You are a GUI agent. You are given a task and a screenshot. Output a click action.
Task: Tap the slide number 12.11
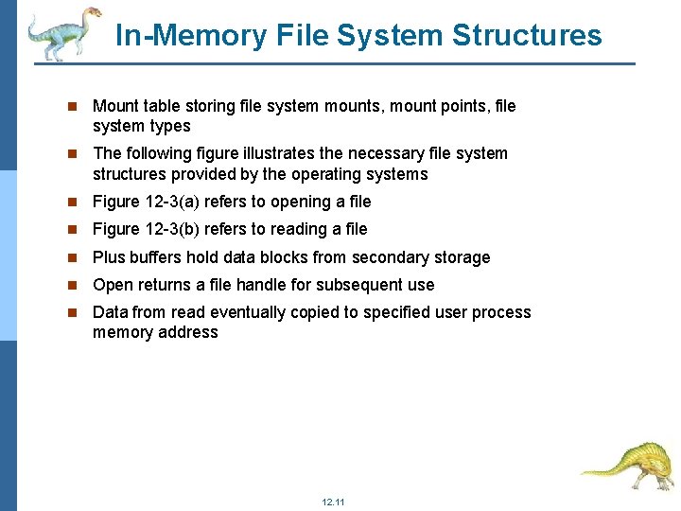coord(333,502)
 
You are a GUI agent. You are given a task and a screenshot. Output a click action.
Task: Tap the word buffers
coord(156,257)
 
